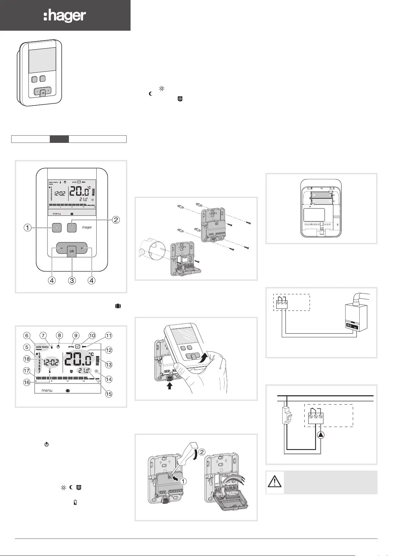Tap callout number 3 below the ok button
coord(72,281)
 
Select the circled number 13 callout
coord(108,365)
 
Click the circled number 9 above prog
coord(76,336)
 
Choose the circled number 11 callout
coord(108,336)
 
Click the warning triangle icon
coord(275,482)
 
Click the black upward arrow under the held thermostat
coord(170,386)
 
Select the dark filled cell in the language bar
coord(59,139)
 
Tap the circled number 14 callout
coord(108,379)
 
